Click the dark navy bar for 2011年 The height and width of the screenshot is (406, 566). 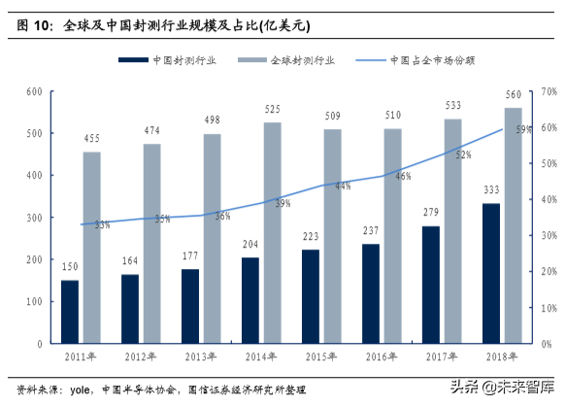[70, 311]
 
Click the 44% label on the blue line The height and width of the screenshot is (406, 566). [343, 186]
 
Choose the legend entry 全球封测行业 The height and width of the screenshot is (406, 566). [291, 60]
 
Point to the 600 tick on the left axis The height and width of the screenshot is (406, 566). [32, 92]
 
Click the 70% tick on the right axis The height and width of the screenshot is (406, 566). [546, 92]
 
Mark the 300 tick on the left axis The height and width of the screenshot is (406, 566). [32, 218]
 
